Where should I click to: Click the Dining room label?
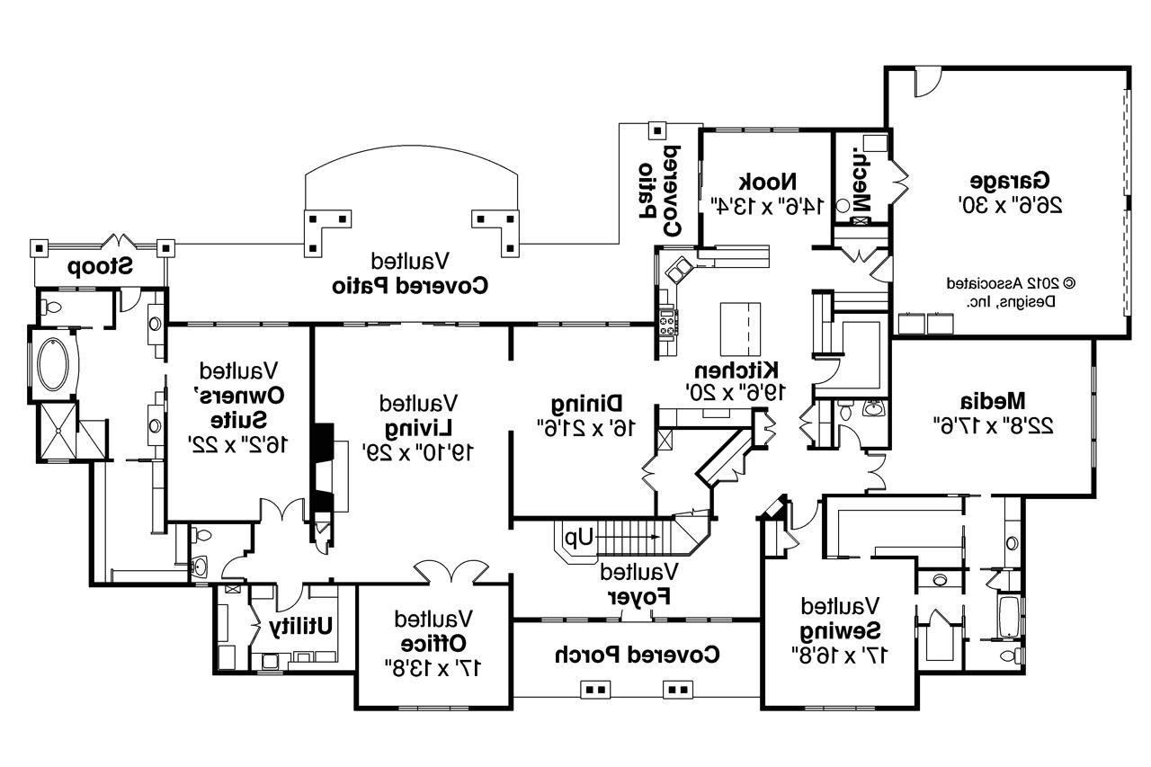tap(587, 402)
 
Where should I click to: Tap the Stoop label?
tap(100, 266)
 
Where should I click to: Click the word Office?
tap(433, 644)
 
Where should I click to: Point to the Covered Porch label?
tap(638, 654)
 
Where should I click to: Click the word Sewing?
tap(841, 629)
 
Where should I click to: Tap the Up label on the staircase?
tap(579, 538)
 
